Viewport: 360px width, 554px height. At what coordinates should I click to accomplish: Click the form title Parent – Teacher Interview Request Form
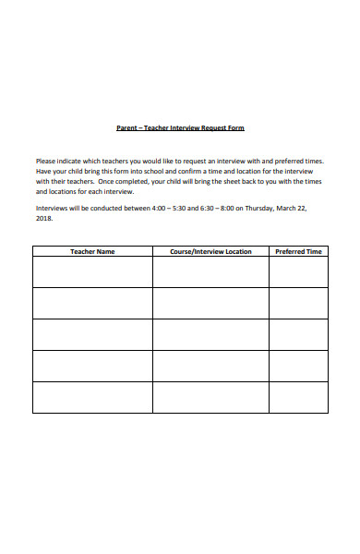point(179,127)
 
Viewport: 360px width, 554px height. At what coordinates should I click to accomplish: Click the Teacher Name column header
point(92,251)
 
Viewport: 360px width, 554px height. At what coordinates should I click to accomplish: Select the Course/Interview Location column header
point(210,251)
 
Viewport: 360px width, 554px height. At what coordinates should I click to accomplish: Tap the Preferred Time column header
point(298,251)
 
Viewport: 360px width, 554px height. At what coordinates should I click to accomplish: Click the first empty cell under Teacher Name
point(92,271)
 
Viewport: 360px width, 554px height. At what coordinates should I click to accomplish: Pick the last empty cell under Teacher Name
point(92,397)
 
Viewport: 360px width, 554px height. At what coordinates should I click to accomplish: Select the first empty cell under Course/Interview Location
point(210,271)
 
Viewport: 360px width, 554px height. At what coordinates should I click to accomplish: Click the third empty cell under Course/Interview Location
point(210,334)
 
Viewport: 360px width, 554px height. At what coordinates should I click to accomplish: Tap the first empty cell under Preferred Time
point(298,271)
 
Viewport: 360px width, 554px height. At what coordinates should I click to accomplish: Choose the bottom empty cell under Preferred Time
point(298,397)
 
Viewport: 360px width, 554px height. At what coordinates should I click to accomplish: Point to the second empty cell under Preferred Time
point(298,303)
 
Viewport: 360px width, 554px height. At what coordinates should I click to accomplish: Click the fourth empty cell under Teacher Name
point(92,366)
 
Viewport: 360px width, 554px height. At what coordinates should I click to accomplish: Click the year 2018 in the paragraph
point(44,219)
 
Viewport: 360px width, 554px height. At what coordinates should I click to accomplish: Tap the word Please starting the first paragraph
point(47,161)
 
